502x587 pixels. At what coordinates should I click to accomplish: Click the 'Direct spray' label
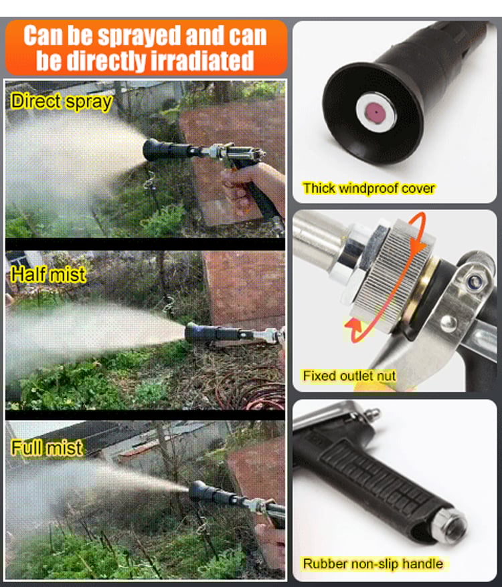click(x=62, y=102)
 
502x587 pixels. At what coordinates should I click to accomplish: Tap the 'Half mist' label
click(x=48, y=274)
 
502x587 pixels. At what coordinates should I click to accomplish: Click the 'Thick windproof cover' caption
click(x=369, y=189)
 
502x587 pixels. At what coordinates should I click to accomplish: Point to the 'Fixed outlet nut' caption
click(x=349, y=376)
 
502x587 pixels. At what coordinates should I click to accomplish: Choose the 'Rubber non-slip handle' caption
click(x=373, y=564)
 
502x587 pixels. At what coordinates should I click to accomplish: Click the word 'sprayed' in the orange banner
click(x=139, y=37)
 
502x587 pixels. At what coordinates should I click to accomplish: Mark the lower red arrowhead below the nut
click(x=354, y=326)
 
